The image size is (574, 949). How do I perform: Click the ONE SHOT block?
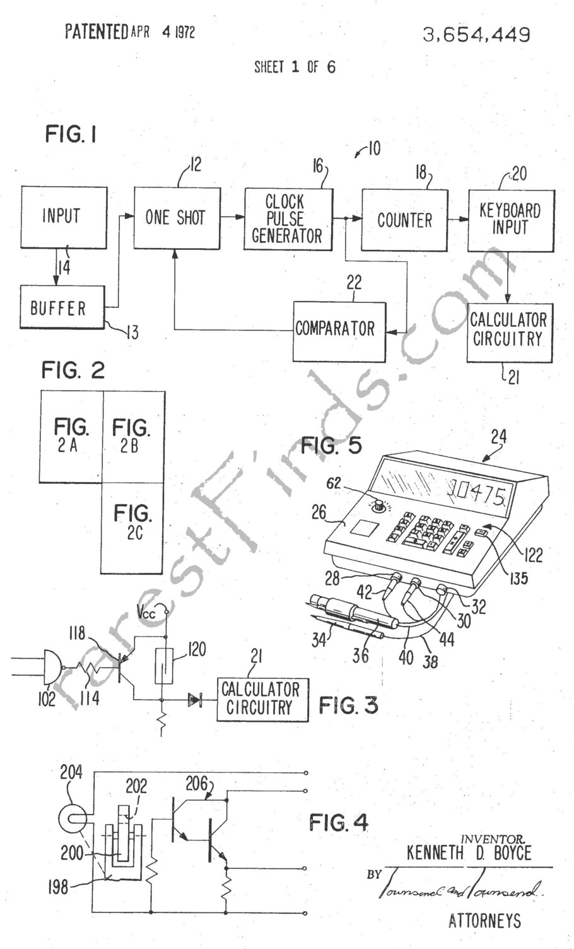pyautogui.click(x=177, y=218)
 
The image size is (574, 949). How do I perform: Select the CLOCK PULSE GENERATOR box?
pyautogui.click(x=288, y=219)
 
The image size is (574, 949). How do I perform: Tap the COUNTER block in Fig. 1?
pyautogui.click(x=404, y=220)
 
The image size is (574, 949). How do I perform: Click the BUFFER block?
pyautogui.click(x=61, y=308)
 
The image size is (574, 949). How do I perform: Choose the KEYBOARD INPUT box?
pyautogui.click(x=510, y=219)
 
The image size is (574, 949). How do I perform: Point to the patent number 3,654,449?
pyautogui.click(x=476, y=35)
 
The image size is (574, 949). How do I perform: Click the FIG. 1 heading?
pyautogui.click(x=71, y=134)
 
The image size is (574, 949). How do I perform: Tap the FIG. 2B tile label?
pyautogui.click(x=131, y=435)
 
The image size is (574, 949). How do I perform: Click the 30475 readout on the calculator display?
pyautogui.click(x=476, y=491)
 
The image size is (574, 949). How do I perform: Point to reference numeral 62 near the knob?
pyautogui.click(x=334, y=483)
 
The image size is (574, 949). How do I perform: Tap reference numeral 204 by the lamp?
pyautogui.click(x=71, y=773)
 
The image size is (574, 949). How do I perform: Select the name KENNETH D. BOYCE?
pyautogui.click(x=469, y=854)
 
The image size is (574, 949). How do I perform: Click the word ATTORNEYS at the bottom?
pyautogui.click(x=484, y=921)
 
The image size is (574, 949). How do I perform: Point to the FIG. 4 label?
pyautogui.click(x=339, y=822)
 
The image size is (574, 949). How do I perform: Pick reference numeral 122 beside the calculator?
pyautogui.click(x=532, y=555)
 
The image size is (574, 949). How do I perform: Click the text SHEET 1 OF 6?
pyautogui.click(x=295, y=67)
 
